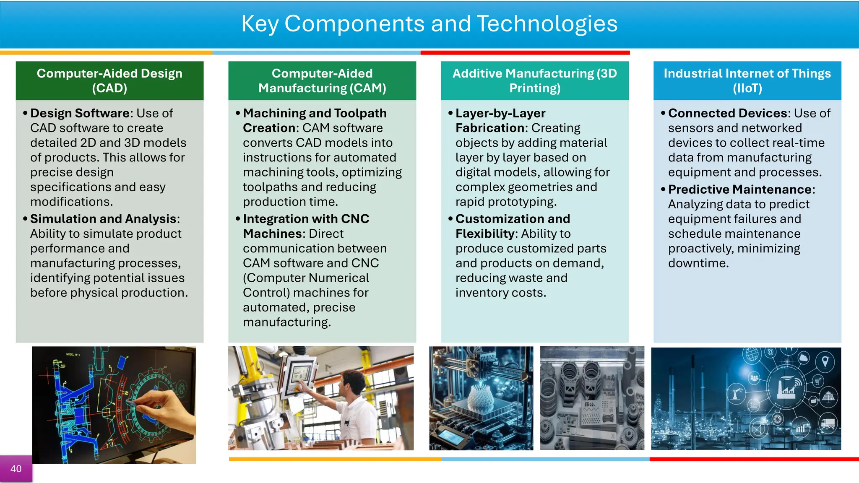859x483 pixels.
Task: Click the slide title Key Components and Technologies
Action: (429, 23)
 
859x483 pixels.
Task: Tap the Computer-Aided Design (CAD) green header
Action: (109, 80)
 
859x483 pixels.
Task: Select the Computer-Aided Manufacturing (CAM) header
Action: (322, 80)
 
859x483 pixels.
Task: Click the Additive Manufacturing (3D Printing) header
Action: (535, 80)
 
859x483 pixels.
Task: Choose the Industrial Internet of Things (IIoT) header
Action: (747, 80)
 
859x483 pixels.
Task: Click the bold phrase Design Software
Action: (80, 113)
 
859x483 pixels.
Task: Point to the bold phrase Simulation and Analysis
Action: (103, 219)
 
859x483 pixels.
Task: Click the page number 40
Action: (16, 469)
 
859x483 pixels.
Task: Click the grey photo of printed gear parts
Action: (592, 398)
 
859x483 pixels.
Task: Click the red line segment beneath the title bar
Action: (525, 53)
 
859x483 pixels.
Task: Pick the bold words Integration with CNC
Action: (306, 219)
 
